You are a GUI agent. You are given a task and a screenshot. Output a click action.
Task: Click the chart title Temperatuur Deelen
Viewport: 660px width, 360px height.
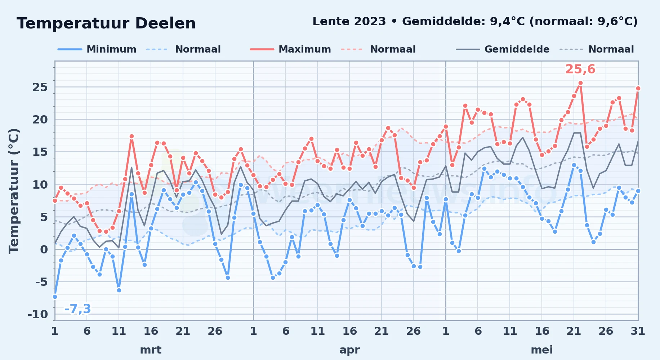[106, 23]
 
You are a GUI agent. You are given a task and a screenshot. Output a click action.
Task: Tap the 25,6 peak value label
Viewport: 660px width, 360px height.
[580, 69]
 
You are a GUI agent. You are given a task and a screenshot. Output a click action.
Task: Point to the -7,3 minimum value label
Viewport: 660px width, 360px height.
[77, 309]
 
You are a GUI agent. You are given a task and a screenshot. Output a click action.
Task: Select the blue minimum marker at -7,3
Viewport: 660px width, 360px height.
[55, 297]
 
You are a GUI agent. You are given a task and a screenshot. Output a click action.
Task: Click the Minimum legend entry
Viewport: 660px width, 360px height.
[97, 49]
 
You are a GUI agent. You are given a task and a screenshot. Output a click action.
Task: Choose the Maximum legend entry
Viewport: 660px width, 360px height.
[290, 49]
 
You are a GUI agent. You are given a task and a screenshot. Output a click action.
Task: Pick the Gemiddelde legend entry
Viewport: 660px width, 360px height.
[503, 49]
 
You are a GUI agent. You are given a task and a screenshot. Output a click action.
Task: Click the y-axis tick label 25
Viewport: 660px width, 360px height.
[40, 87]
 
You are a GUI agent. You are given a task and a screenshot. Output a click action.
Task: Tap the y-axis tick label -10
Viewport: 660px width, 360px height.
[38, 314]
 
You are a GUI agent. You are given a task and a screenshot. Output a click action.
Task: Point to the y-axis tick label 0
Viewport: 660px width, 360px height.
[44, 249]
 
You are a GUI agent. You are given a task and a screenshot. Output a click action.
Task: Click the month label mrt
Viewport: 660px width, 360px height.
[151, 350]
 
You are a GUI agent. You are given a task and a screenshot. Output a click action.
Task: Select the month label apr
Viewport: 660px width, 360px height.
[349, 350]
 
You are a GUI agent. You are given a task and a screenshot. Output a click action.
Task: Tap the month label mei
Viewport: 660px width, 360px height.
[542, 350]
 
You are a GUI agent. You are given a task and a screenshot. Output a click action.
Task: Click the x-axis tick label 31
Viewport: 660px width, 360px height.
[638, 331]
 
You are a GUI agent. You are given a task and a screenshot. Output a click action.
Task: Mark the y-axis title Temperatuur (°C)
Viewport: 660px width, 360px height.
[14, 191]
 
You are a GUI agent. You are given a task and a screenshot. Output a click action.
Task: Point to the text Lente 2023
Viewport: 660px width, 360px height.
[349, 22]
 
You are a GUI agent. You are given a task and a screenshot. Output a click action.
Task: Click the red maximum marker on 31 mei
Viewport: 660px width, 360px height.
[638, 88]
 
